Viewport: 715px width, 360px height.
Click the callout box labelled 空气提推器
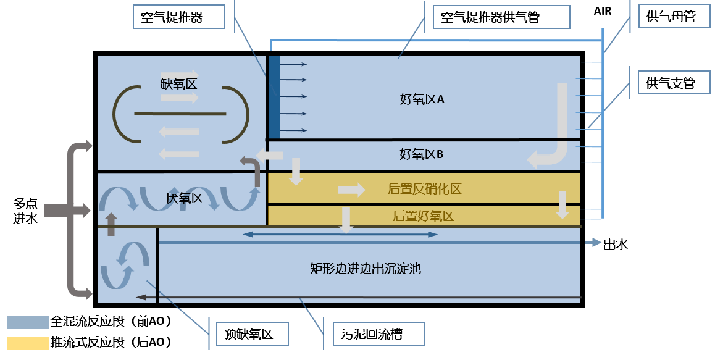[178, 17]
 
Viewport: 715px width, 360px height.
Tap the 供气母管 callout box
[671, 17]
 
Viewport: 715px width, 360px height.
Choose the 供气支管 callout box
[671, 83]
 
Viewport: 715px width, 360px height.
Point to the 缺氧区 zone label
[178, 84]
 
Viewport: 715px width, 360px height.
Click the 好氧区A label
[422, 99]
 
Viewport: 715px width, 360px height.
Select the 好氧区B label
[422, 154]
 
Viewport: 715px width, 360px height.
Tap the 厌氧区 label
[185, 198]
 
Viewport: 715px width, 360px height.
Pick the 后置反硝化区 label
[424, 189]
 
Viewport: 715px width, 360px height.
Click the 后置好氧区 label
[424, 216]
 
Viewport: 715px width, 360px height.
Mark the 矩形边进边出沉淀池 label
[366, 269]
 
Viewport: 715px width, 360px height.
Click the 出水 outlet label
[615, 245]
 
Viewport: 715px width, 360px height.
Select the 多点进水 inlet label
[25, 211]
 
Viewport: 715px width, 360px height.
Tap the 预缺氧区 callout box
[249, 334]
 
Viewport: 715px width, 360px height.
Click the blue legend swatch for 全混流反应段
[27, 322]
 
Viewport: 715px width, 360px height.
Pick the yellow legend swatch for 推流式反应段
[27, 342]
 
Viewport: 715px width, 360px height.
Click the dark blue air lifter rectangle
[274, 97]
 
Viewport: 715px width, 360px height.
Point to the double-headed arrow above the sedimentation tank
[340, 235]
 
